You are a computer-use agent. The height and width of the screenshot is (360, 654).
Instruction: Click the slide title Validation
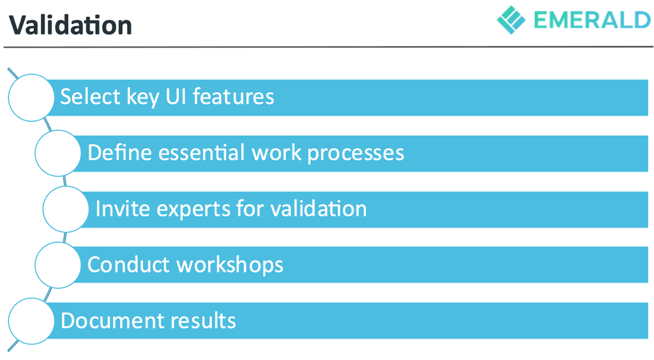[71, 25]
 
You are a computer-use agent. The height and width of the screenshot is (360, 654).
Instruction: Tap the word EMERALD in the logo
[592, 20]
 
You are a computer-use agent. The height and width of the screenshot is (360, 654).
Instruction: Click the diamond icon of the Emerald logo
[511, 19]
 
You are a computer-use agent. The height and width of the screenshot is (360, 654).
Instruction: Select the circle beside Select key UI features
[31, 97]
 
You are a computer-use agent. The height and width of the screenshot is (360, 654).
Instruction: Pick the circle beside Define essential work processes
[58, 153]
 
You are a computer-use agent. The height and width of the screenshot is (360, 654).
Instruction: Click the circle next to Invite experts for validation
[66, 209]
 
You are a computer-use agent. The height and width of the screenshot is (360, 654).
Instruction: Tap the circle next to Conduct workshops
[58, 265]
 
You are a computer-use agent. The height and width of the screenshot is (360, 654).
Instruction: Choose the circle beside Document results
[31, 321]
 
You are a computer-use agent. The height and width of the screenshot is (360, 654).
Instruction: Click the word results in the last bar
[203, 321]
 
